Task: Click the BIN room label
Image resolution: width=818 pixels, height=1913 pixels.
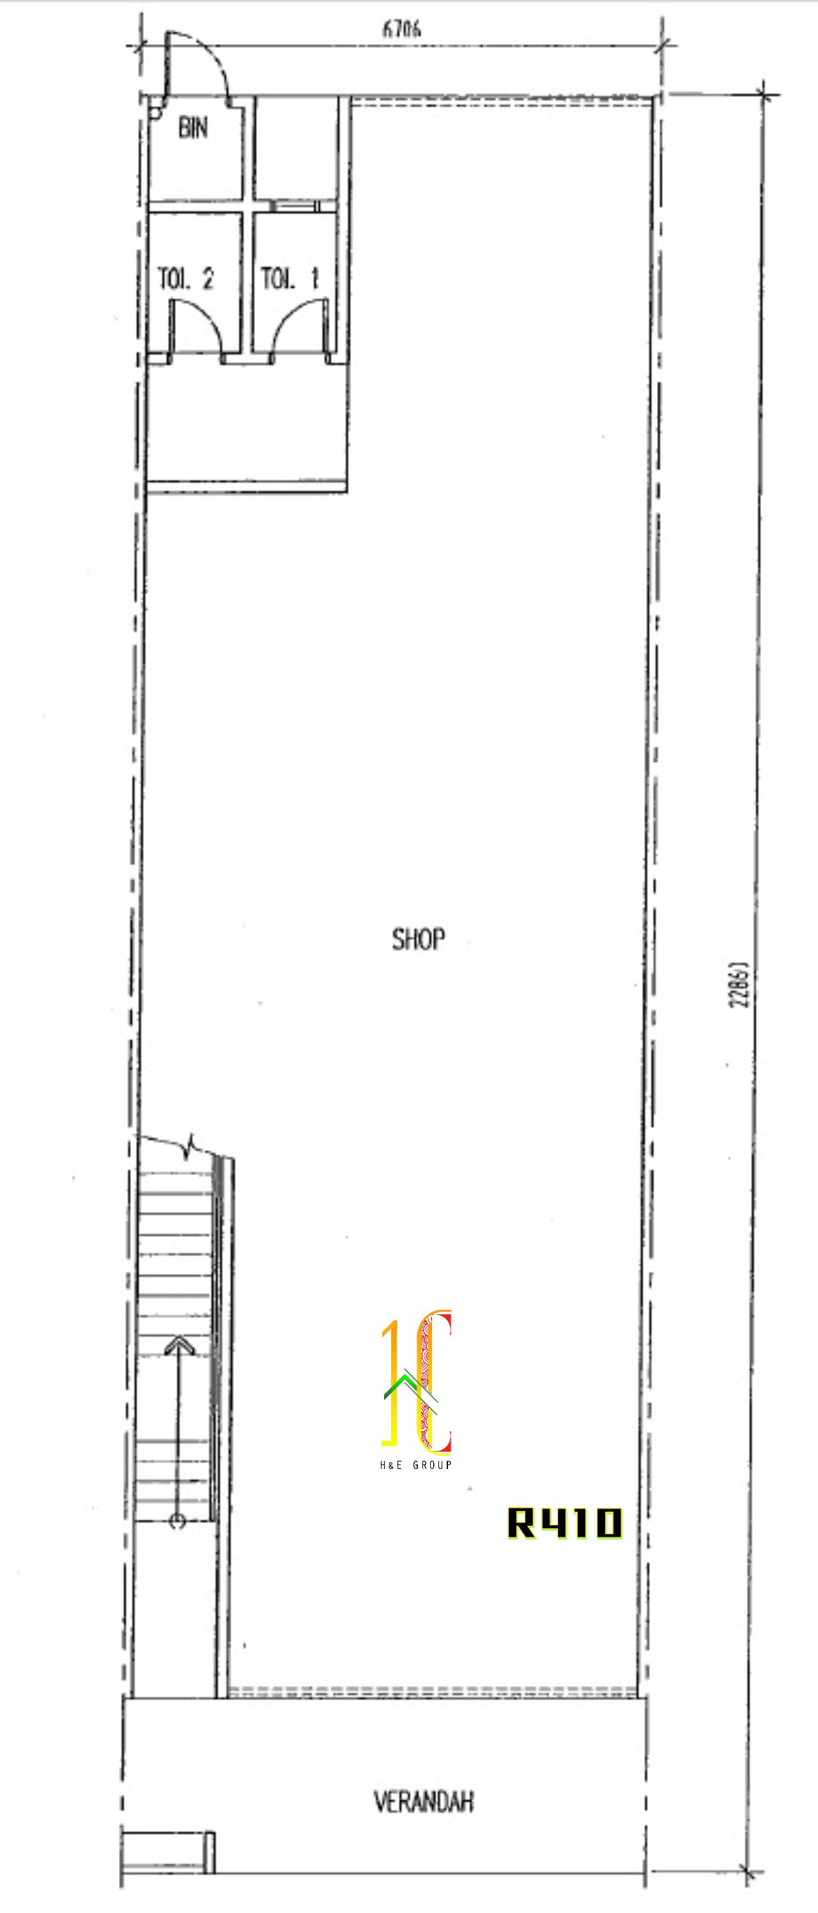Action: [x=192, y=128]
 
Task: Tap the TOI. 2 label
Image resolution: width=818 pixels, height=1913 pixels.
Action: [x=186, y=279]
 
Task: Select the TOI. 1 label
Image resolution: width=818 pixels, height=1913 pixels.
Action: [x=289, y=279]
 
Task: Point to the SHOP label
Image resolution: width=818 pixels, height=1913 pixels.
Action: [x=419, y=939]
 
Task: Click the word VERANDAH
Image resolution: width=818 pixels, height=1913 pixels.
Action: [x=424, y=1802]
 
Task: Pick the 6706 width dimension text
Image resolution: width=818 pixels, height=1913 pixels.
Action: [x=402, y=29]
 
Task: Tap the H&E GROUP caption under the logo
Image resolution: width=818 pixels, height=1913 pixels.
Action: [x=416, y=1464]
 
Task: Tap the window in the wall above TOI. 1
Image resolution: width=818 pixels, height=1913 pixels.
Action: [x=295, y=206]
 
